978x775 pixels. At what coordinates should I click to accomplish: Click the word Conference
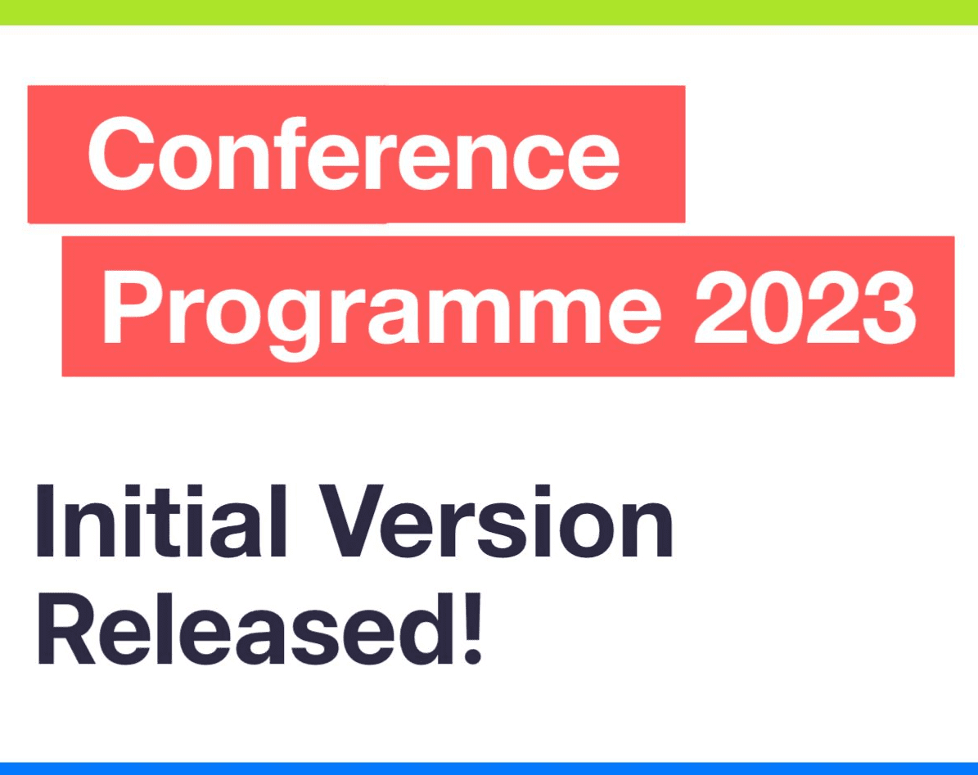[x=354, y=153]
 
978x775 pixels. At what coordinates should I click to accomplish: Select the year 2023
[x=805, y=308]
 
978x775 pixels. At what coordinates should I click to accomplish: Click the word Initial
[x=161, y=520]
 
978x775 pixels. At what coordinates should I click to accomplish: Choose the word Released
[x=246, y=629]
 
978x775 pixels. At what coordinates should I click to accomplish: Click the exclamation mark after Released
[x=473, y=629]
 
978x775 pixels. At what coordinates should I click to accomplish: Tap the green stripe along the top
[x=489, y=12]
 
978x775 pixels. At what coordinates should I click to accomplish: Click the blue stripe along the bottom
[x=489, y=768]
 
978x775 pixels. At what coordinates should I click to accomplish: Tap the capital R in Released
[x=67, y=629]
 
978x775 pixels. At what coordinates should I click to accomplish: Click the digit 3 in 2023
[x=890, y=308]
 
